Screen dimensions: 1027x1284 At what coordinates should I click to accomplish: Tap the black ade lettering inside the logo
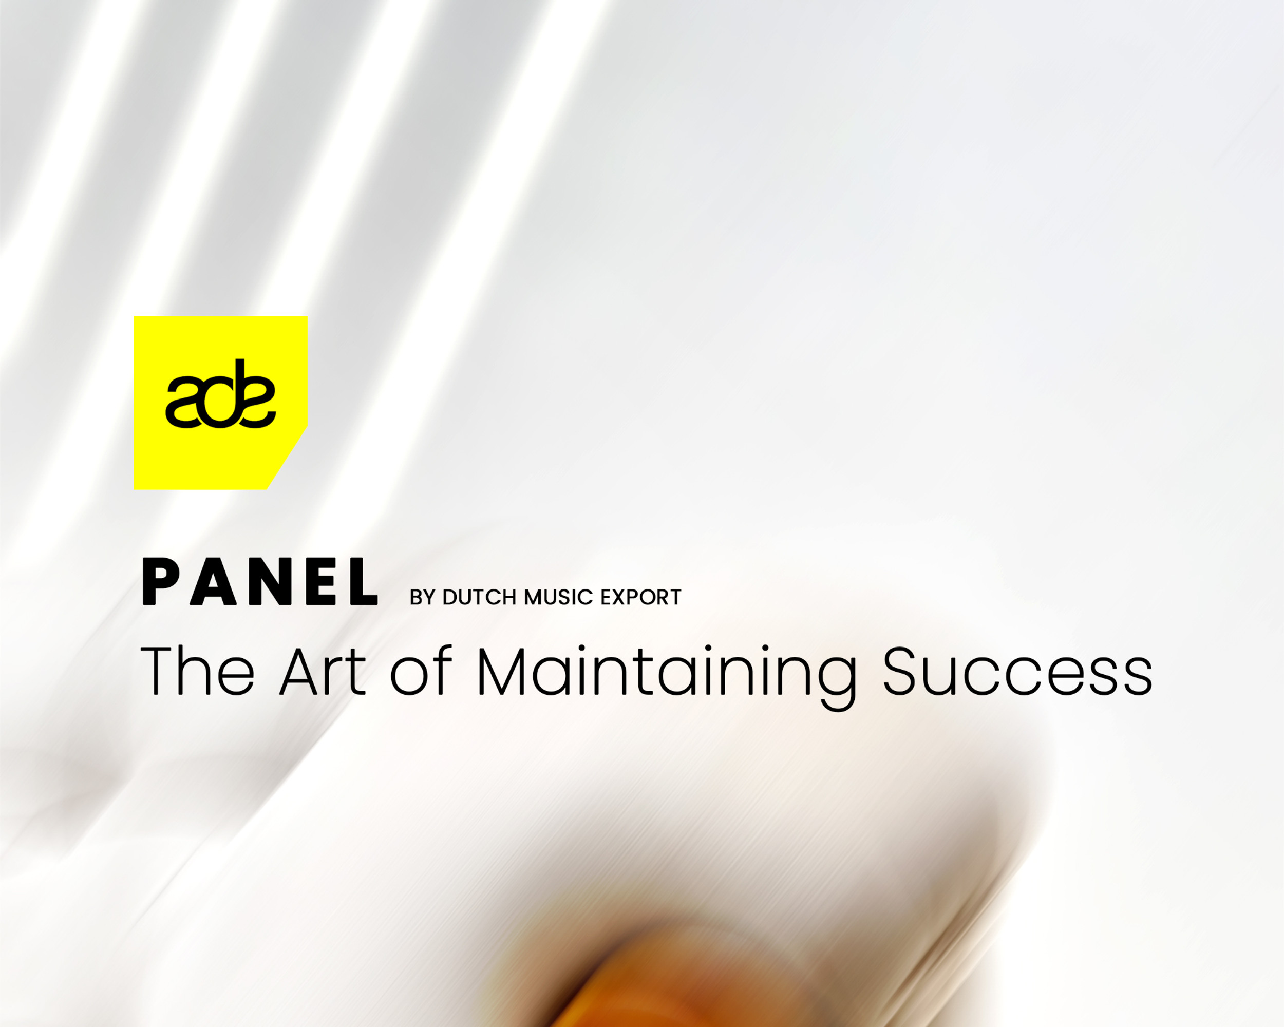tap(220, 394)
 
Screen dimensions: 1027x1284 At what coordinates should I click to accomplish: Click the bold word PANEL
tap(260, 582)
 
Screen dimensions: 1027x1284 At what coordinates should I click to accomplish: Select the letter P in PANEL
tap(157, 582)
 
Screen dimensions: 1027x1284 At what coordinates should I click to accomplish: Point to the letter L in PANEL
tap(363, 582)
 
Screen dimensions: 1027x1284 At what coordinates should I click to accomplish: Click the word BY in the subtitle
tap(422, 598)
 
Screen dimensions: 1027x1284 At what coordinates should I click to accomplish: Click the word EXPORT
tap(641, 598)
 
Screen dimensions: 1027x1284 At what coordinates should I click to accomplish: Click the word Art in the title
tap(322, 671)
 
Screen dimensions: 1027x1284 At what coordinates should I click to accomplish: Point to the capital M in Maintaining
tap(501, 671)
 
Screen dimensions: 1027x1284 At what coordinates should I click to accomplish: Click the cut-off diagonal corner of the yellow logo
tap(288, 457)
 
